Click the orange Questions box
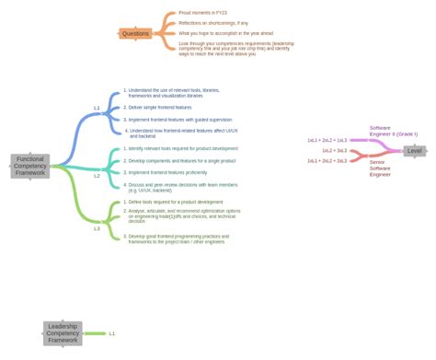135,33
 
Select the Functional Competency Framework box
29,166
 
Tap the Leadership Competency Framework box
63,332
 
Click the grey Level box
415,150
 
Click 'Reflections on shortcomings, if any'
213,23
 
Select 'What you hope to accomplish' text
225,33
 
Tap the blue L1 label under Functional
97,108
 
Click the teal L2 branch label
97,175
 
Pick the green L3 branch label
97,228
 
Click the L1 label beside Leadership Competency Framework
112,333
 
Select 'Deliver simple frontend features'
160,108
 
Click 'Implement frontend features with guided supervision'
179,120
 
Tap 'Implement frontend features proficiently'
167,172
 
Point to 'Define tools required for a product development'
175,202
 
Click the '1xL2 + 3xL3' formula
334,150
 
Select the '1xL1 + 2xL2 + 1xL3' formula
327,140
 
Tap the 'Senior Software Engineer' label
380,168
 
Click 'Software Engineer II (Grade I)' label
393,131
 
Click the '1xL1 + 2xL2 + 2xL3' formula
327,160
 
